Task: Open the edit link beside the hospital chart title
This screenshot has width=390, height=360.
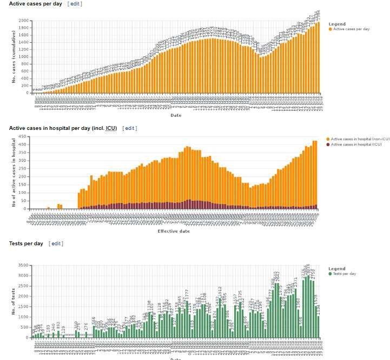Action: coord(130,128)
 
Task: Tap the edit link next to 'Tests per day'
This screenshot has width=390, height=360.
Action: coord(56,244)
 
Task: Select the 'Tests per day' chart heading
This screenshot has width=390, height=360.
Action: coord(26,244)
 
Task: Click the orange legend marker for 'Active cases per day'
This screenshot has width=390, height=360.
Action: coord(330,29)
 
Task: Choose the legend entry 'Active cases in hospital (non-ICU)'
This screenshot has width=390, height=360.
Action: coord(356,140)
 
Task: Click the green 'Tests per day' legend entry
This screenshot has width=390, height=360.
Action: coord(343,274)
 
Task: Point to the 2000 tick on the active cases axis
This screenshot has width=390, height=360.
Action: coord(23,21)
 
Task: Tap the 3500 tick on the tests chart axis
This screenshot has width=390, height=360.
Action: coord(23,265)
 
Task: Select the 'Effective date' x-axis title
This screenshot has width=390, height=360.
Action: coord(174,231)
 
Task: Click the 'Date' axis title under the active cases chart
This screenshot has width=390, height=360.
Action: coord(176,115)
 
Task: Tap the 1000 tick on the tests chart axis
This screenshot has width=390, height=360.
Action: coord(23,317)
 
